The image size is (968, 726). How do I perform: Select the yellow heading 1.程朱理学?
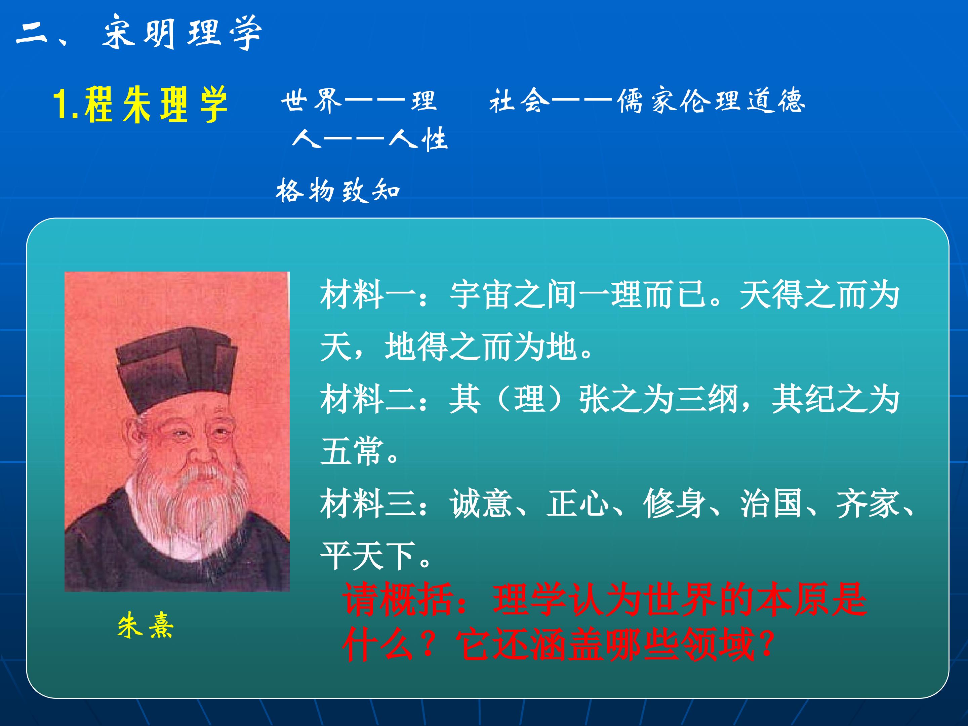point(140,104)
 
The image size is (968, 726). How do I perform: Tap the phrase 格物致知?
point(338,190)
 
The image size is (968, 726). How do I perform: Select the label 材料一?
point(368,294)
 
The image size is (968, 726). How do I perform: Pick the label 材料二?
point(368,399)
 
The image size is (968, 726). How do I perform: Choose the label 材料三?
point(368,503)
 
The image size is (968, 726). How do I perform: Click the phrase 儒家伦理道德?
point(711,101)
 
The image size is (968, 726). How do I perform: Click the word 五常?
point(352,451)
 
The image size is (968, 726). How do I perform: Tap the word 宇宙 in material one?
point(481,294)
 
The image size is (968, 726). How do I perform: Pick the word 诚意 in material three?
point(481,503)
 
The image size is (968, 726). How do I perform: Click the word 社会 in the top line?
point(519,101)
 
